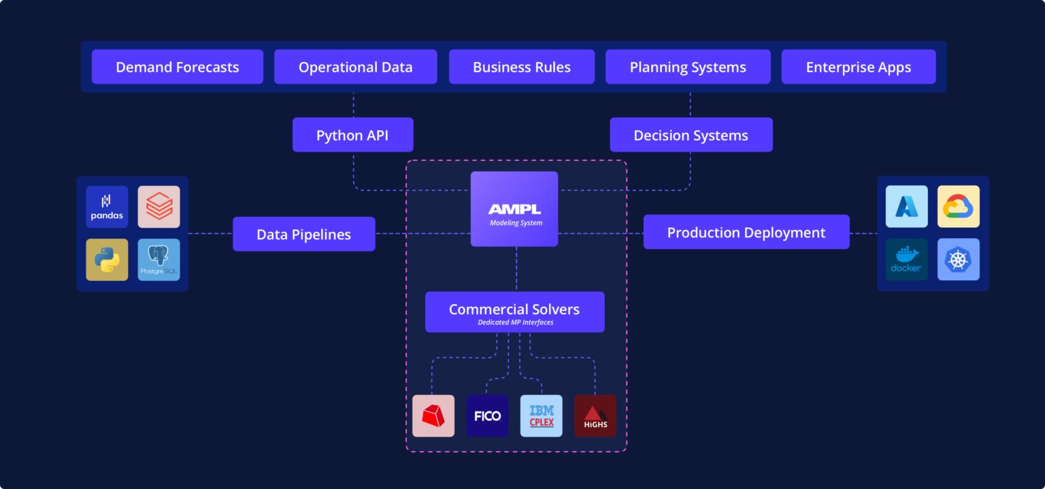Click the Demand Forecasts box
point(178,67)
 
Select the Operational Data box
point(355,67)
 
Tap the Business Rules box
point(522,67)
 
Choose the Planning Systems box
point(688,67)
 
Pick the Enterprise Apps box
point(859,67)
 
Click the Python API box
point(352,135)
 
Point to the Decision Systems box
point(691,135)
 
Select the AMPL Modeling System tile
point(514,209)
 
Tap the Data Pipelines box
point(303,234)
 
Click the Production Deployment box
point(746,232)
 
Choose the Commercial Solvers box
point(514,312)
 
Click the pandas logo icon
point(107,207)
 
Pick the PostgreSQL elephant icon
point(159,260)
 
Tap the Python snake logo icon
point(107,260)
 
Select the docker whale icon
point(906,259)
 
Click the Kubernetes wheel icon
point(959,259)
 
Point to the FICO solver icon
point(487,416)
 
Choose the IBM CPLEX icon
point(542,416)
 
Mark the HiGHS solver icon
point(595,416)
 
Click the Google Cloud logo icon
point(959,207)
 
